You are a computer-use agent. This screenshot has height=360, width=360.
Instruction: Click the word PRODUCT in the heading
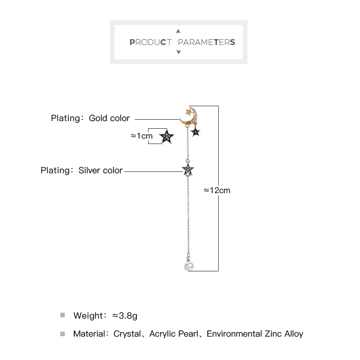(151, 43)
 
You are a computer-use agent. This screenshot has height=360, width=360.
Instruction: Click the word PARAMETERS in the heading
(207, 43)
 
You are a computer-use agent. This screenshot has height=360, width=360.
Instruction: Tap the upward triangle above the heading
(178, 31)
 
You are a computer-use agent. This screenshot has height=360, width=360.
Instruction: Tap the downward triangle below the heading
(178, 53)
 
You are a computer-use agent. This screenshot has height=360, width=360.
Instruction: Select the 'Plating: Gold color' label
(90, 118)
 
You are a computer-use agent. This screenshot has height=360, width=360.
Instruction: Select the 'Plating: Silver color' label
(81, 171)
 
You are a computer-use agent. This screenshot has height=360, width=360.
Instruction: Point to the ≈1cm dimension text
(141, 135)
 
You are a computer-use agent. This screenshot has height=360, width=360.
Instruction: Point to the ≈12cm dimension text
(217, 190)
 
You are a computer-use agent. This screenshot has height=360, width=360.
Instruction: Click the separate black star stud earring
(167, 137)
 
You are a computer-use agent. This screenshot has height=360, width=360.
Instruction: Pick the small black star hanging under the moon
(196, 132)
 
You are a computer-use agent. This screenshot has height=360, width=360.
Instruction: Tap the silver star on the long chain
(188, 170)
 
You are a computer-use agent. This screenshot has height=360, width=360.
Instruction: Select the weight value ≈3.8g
(125, 315)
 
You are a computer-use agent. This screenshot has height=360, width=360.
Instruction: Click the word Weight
(88, 315)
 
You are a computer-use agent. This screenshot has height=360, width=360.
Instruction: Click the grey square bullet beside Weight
(63, 315)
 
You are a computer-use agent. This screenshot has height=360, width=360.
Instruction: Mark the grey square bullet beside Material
(63, 334)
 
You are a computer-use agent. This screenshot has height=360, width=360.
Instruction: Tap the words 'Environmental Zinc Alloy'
(255, 334)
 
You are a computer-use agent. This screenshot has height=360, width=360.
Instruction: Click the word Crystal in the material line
(127, 334)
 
